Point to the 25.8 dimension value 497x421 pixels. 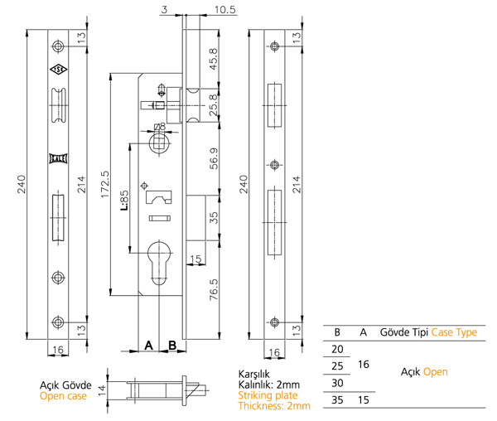coord(215,104)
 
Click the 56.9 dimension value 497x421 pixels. coord(215,157)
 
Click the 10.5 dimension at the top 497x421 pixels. coord(203,9)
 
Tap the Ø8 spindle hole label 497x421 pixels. coord(160,126)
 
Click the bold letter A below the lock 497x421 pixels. coord(148,345)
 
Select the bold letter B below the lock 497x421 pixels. coord(172,345)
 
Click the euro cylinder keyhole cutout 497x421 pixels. coord(160,259)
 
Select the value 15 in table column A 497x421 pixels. coord(363,399)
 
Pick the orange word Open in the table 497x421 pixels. coord(436,372)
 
